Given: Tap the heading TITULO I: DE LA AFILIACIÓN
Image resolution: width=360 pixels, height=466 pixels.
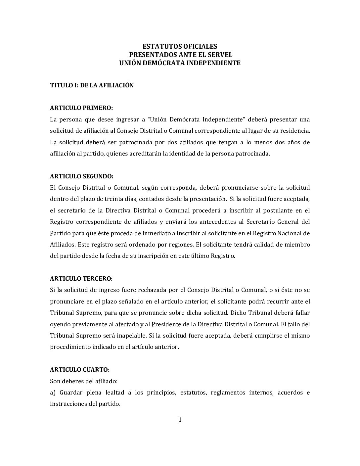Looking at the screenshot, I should click(x=92, y=85).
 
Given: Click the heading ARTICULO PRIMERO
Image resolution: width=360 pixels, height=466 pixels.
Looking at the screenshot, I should click(x=81, y=108).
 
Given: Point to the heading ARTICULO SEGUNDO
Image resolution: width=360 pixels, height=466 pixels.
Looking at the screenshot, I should click(x=81, y=176).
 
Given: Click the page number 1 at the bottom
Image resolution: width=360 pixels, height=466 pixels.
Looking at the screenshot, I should click(x=180, y=420).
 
